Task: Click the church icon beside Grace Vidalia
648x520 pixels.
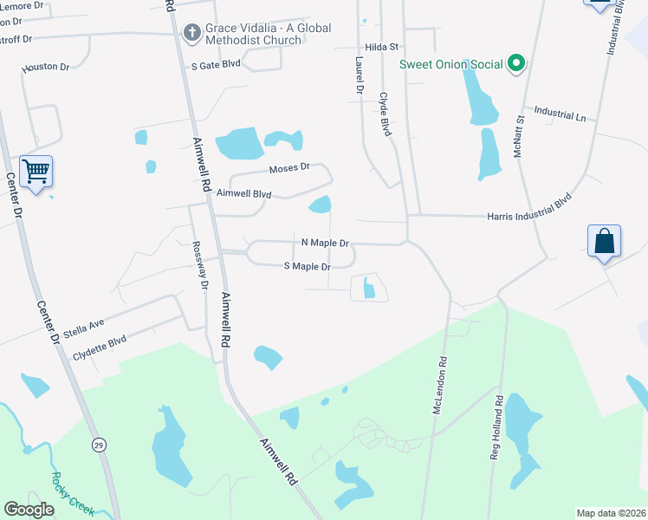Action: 192,33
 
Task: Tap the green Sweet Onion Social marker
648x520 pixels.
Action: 516,63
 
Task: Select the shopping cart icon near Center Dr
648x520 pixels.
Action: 36,172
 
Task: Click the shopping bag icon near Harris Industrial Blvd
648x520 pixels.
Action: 604,240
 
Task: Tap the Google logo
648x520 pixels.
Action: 29,510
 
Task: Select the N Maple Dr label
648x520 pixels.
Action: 325,244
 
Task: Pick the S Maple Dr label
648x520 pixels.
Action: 308,267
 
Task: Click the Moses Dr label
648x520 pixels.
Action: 288,169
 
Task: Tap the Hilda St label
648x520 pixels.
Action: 381,47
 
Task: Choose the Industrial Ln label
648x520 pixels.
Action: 560,113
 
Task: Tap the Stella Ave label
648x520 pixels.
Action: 83,328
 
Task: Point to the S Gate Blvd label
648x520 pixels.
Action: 216,65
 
